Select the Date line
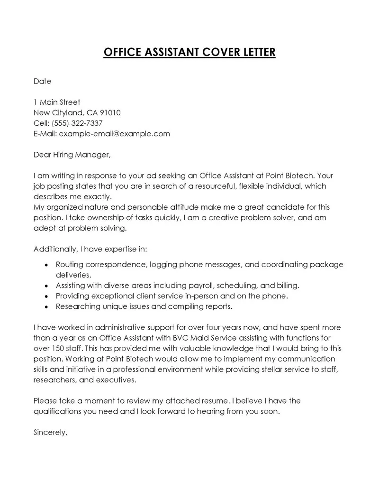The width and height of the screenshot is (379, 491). [42, 81]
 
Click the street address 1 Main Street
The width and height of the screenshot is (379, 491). [57, 102]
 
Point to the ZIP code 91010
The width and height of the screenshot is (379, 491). [110, 112]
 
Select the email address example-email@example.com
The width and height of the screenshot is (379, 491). [114, 134]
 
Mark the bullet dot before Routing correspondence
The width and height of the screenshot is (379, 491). [45, 265]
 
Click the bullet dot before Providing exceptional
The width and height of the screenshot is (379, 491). [45, 296]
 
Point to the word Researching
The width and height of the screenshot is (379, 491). [78, 306]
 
